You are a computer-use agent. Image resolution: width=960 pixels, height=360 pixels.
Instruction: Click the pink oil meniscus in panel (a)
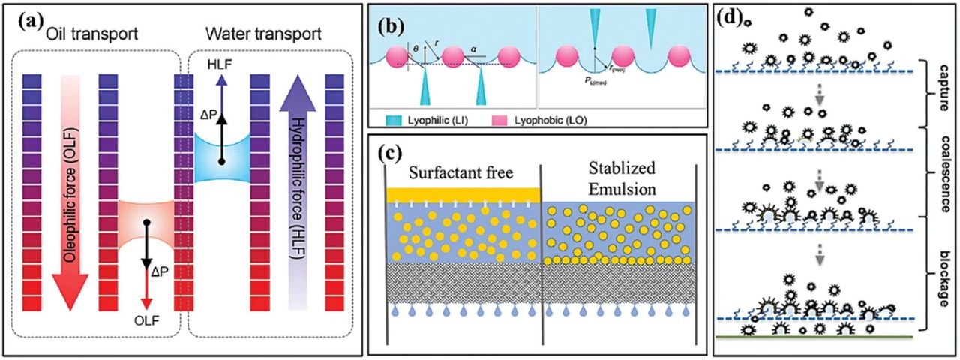(145, 222)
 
